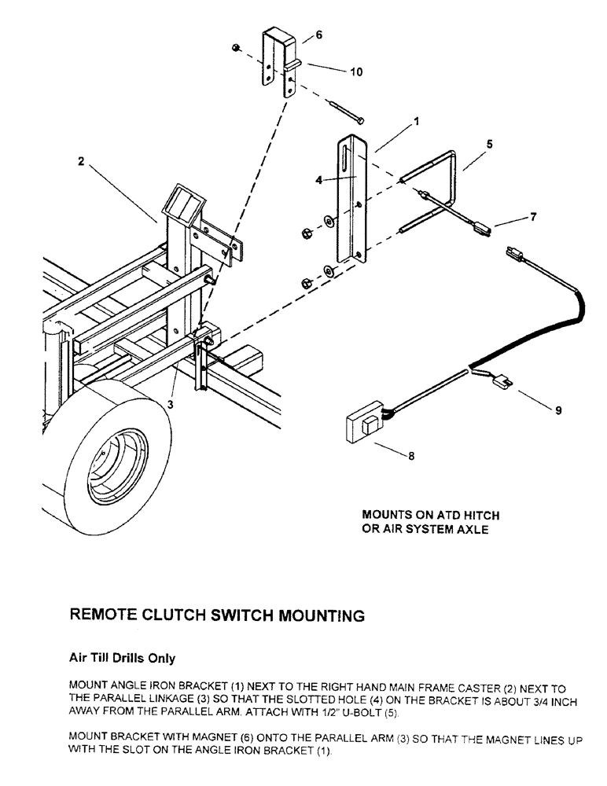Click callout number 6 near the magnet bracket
tap(318, 35)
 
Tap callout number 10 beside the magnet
tap(356, 72)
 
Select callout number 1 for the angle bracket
tap(416, 122)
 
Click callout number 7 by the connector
tap(534, 217)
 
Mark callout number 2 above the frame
tap(81, 161)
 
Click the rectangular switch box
tap(367, 426)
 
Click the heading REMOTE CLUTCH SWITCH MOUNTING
tap(218, 615)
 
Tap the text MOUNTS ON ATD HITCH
tap(430, 515)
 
